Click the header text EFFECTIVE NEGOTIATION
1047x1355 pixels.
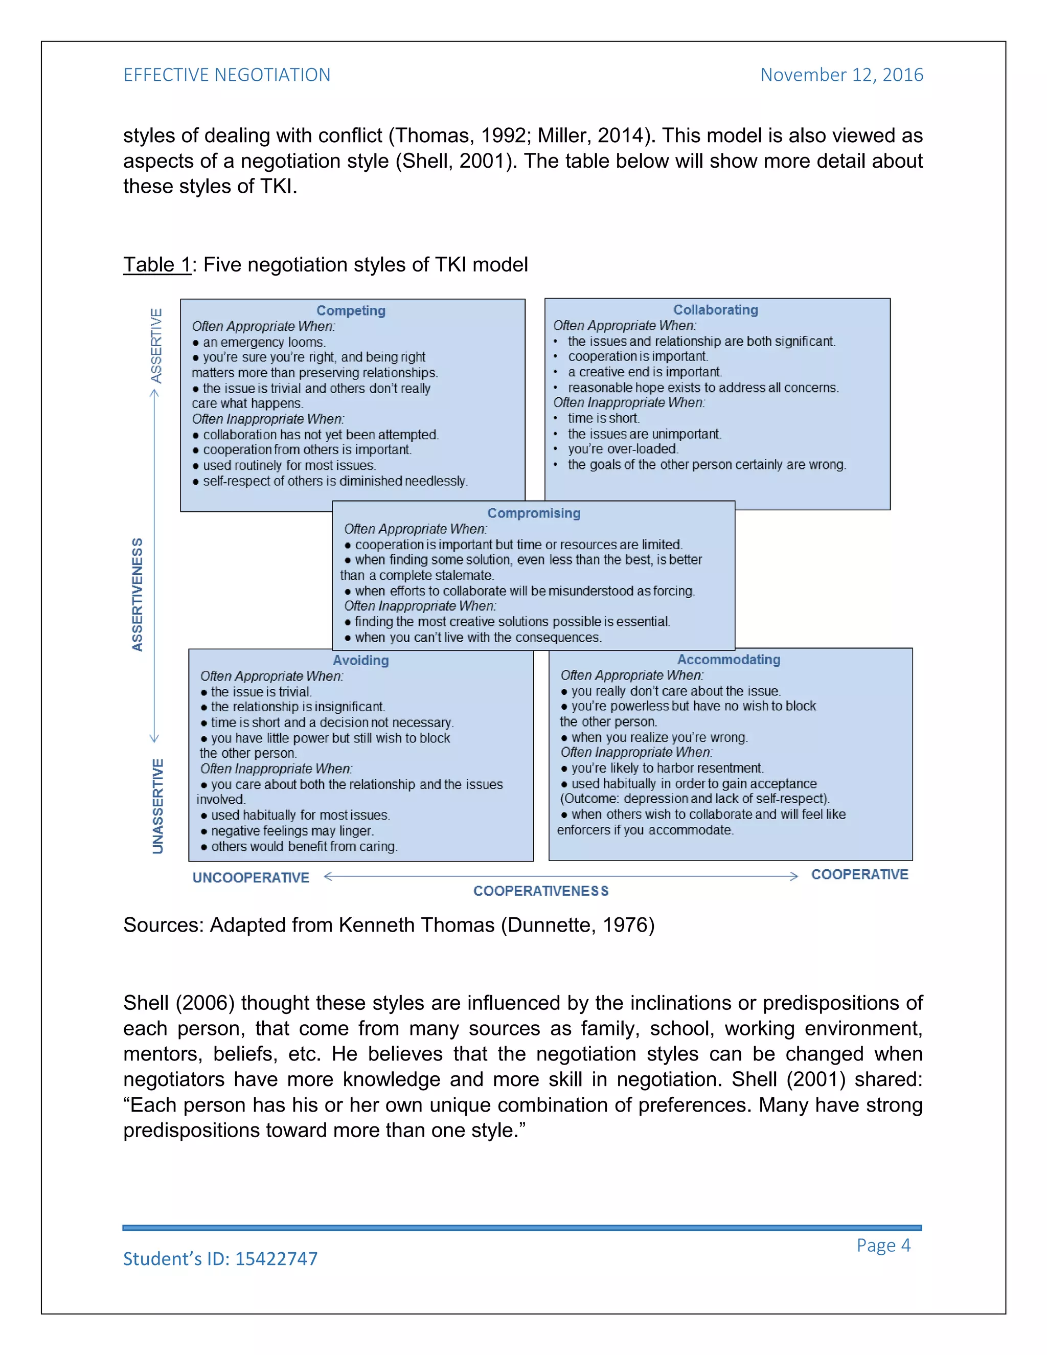[226, 75]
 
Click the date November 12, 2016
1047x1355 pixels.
[841, 75]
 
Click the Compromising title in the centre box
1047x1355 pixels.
[533, 513]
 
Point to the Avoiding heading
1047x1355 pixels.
[360, 660]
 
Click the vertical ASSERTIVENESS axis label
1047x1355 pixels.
[138, 594]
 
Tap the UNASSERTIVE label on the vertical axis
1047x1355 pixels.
[157, 806]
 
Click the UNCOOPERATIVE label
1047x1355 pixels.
[251, 878]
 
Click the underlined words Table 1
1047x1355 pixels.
[157, 265]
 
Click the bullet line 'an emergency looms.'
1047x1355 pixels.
[264, 343]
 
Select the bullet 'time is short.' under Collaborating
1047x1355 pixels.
[603, 419]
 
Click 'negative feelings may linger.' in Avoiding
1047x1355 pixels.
[292, 831]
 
